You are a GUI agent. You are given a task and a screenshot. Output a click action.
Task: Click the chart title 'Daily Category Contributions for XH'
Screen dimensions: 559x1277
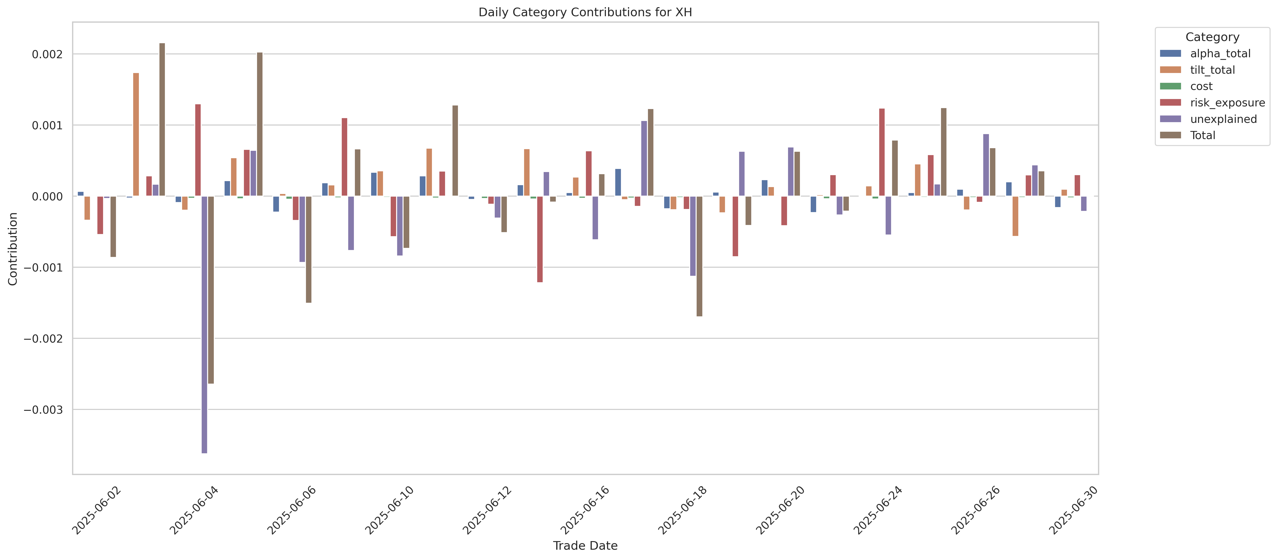point(585,12)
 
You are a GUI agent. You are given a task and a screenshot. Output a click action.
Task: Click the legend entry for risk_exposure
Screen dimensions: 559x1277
point(1227,103)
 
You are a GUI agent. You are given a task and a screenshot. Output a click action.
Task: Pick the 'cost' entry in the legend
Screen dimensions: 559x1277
point(1201,86)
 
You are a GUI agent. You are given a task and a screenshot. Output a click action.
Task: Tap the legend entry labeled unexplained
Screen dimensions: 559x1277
point(1223,119)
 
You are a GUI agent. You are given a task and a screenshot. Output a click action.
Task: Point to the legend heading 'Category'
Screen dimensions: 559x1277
point(1212,37)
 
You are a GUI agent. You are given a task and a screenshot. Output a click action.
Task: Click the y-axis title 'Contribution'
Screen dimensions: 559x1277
point(13,249)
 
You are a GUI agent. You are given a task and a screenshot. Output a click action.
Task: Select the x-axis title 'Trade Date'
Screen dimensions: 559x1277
point(585,546)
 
